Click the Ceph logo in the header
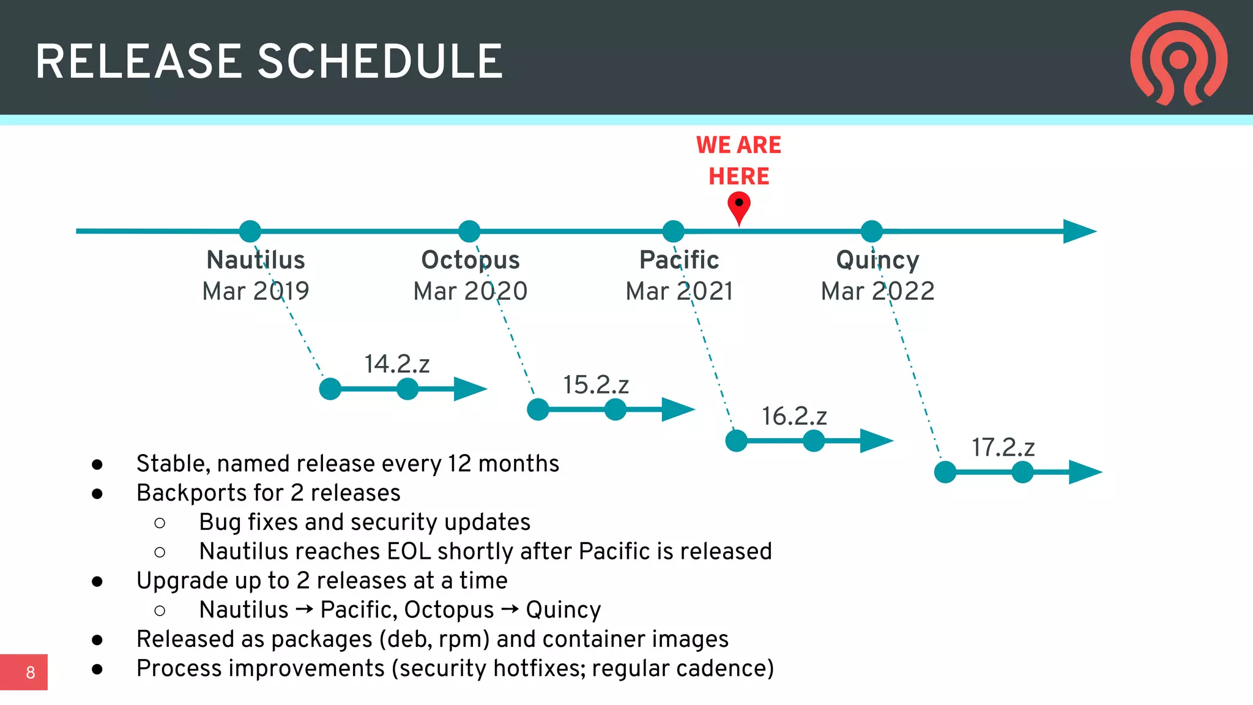pos(1178,58)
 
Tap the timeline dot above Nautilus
pos(250,231)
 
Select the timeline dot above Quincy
pos(871,231)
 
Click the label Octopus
pos(470,260)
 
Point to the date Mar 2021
pos(679,291)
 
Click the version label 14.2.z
pos(397,364)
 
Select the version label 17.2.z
pos(1003,448)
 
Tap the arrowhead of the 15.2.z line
pos(678,409)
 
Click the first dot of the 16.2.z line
pos(736,441)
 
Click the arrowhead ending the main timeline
pos(1079,231)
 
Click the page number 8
pos(30,673)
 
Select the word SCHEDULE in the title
pos(380,62)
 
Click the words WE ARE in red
pos(738,145)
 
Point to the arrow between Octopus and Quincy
pos(510,610)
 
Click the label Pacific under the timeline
pos(679,260)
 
